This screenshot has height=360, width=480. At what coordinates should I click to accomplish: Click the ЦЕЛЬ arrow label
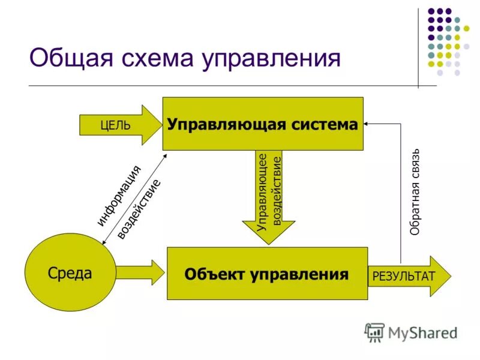[113, 125]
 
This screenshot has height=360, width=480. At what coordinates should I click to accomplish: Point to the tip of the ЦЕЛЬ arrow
[160, 125]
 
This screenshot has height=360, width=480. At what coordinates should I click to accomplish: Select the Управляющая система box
[263, 124]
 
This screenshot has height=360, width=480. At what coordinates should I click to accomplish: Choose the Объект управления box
[267, 274]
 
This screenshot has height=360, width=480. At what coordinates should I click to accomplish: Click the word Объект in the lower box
[214, 274]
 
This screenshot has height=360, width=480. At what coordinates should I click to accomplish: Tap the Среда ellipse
[70, 273]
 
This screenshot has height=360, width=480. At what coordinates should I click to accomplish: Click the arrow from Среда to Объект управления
[141, 273]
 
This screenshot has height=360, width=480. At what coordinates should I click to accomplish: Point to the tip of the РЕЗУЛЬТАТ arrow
[450, 276]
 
